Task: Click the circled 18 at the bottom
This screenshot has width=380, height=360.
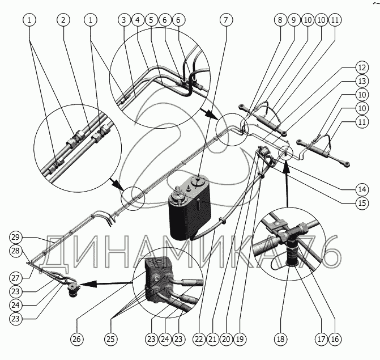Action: click(x=280, y=340)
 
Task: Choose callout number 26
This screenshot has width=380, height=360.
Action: click(x=76, y=340)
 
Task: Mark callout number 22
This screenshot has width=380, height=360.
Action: click(x=198, y=340)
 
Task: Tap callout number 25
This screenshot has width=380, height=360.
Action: click(x=111, y=340)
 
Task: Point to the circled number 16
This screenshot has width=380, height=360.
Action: click(x=335, y=340)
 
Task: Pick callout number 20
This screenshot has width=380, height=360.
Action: click(x=225, y=340)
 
